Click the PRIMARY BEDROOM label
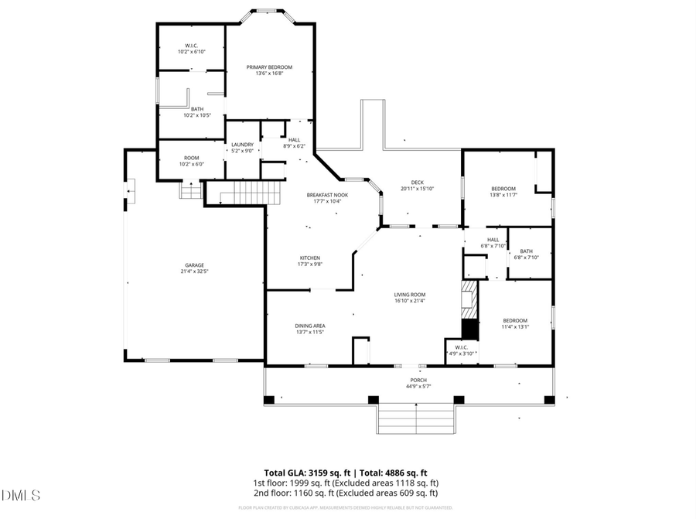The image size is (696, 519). coord(269,67)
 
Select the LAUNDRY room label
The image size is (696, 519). coord(243,144)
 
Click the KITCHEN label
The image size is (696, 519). coord(310,258)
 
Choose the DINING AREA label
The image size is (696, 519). coord(309,326)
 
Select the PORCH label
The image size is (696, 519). coord(418,381)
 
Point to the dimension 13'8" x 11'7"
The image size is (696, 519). coord(503,196)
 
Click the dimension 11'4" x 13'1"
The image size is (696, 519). coord(515,327)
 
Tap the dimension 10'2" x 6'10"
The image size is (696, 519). coord(191,52)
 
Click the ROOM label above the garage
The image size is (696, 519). coord(191,158)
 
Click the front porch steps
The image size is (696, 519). coord(418,418)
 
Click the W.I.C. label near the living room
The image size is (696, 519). coord(462,348)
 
